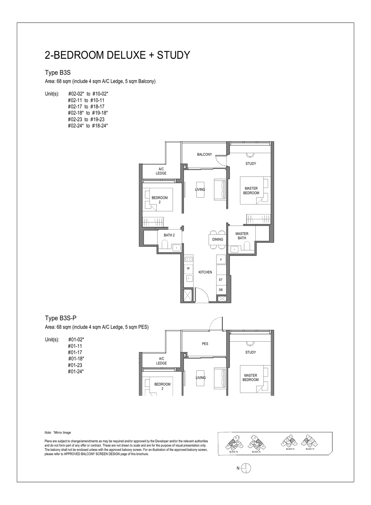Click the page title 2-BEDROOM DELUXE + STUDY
pyautogui.click(x=117, y=55)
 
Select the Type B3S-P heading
pyautogui.click(x=61, y=318)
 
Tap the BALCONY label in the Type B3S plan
pyautogui.click(x=204, y=154)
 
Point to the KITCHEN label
pyautogui.click(x=205, y=272)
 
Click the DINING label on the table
pyautogui.click(x=217, y=239)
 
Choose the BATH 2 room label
pyautogui.click(x=169, y=235)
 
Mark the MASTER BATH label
pyautogui.click(x=242, y=236)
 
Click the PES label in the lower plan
pyautogui.click(x=205, y=344)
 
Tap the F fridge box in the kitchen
pyautogui.click(x=221, y=260)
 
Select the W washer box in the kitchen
pyautogui.click(x=188, y=268)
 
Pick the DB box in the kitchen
pyautogui.click(x=221, y=290)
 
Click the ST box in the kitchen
pyautogui.click(x=221, y=280)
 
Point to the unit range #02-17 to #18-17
pyautogui.click(x=86, y=106)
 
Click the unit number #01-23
pyautogui.click(x=75, y=365)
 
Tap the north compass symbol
pyautogui.click(x=246, y=468)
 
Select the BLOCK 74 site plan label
pyautogui.click(x=290, y=449)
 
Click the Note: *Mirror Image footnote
pyautogui.click(x=58, y=433)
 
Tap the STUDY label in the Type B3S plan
pyautogui.click(x=251, y=163)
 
